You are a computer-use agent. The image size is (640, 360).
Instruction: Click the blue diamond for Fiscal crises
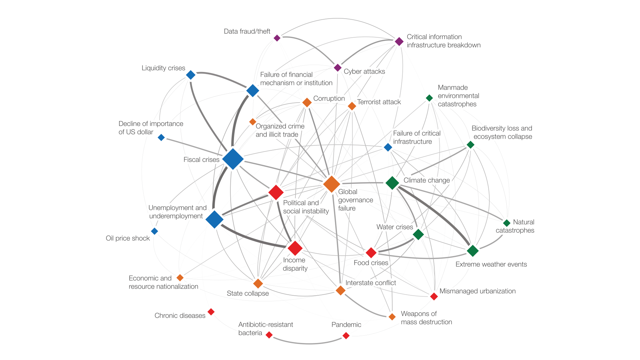click(233, 159)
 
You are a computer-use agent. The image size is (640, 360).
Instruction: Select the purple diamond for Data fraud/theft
click(277, 38)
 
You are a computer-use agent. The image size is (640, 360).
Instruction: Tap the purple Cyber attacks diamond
click(337, 68)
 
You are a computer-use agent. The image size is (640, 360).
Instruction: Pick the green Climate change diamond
click(392, 183)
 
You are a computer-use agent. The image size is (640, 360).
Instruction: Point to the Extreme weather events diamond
click(473, 250)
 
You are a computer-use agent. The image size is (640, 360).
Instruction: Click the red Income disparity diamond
click(295, 248)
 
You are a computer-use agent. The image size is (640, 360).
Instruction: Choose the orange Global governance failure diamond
click(331, 184)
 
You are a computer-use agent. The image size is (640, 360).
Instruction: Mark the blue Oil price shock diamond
click(154, 231)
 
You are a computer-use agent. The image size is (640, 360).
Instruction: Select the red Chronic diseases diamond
click(211, 312)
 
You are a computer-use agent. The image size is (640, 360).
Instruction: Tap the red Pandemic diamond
click(346, 336)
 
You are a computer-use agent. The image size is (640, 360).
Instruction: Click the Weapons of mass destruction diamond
click(392, 317)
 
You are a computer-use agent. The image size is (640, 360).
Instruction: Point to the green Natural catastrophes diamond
click(507, 223)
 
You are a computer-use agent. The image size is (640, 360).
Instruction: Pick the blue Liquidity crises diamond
click(191, 75)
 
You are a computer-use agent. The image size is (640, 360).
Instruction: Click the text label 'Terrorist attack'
click(379, 102)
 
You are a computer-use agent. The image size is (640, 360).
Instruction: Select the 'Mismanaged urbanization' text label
click(477, 291)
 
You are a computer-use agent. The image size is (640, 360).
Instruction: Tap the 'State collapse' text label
click(248, 293)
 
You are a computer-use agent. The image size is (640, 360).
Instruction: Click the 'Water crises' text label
click(395, 227)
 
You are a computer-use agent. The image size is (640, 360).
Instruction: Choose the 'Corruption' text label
click(329, 98)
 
